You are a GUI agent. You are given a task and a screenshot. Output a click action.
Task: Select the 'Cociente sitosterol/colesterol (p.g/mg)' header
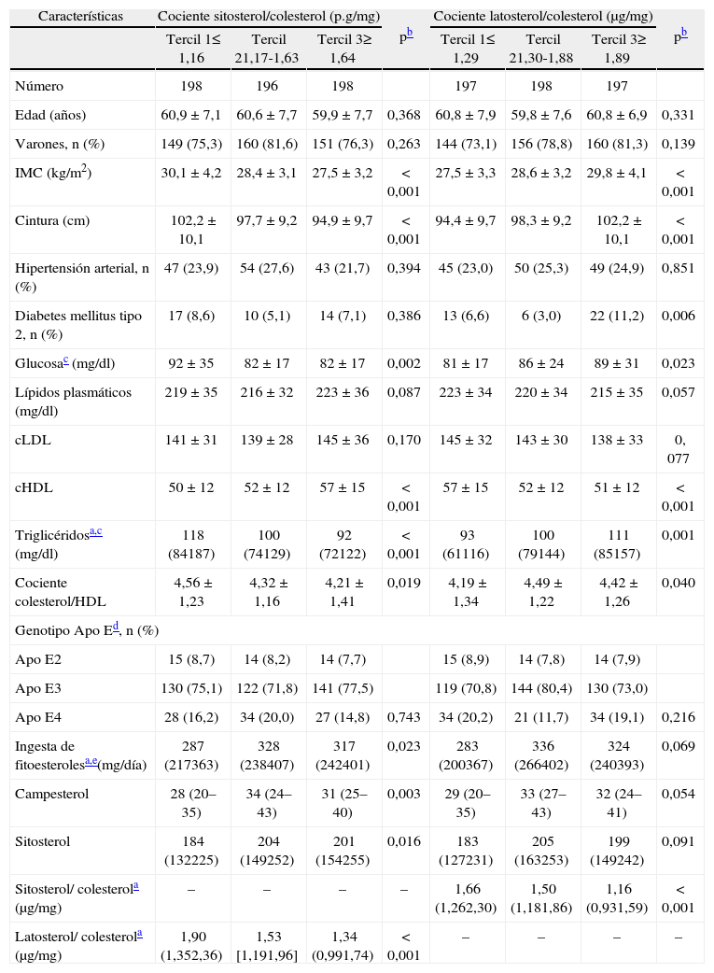(269, 17)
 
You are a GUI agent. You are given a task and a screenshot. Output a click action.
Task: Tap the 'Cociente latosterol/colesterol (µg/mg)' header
(543, 17)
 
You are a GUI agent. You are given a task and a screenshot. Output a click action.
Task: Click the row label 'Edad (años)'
(49, 115)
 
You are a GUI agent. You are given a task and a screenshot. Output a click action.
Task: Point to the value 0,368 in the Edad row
(403, 115)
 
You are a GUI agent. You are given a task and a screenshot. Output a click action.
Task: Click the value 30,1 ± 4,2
(190, 173)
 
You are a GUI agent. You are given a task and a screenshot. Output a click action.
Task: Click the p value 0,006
(678, 316)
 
